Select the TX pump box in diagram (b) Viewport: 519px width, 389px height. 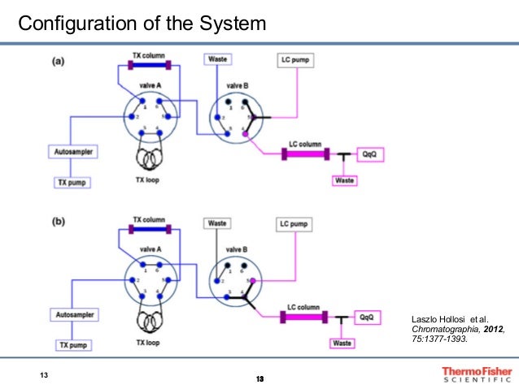pos(72,345)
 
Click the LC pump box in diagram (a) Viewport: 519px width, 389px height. pos(295,60)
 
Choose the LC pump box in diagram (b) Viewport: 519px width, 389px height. pos(295,223)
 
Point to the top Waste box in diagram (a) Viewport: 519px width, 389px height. pos(217,60)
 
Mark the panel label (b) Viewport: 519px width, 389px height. pos(59,223)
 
